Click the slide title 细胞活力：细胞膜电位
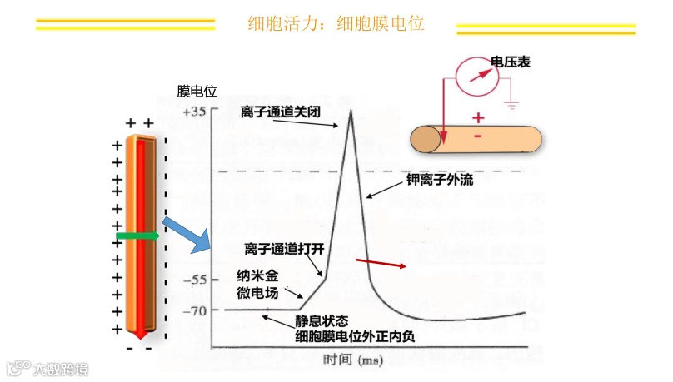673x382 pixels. click(336, 23)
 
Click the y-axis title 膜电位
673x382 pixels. click(197, 92)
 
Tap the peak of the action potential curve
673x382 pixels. click(351, 111)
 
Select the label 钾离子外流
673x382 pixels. click(439, 179)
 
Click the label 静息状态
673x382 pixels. click(321, 320)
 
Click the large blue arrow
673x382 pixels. click(187, 235)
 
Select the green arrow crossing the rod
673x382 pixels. click(137, 238)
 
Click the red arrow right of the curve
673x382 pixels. click(381, 264)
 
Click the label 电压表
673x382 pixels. click(511, 62)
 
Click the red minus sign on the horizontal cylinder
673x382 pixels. click(478, 136)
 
